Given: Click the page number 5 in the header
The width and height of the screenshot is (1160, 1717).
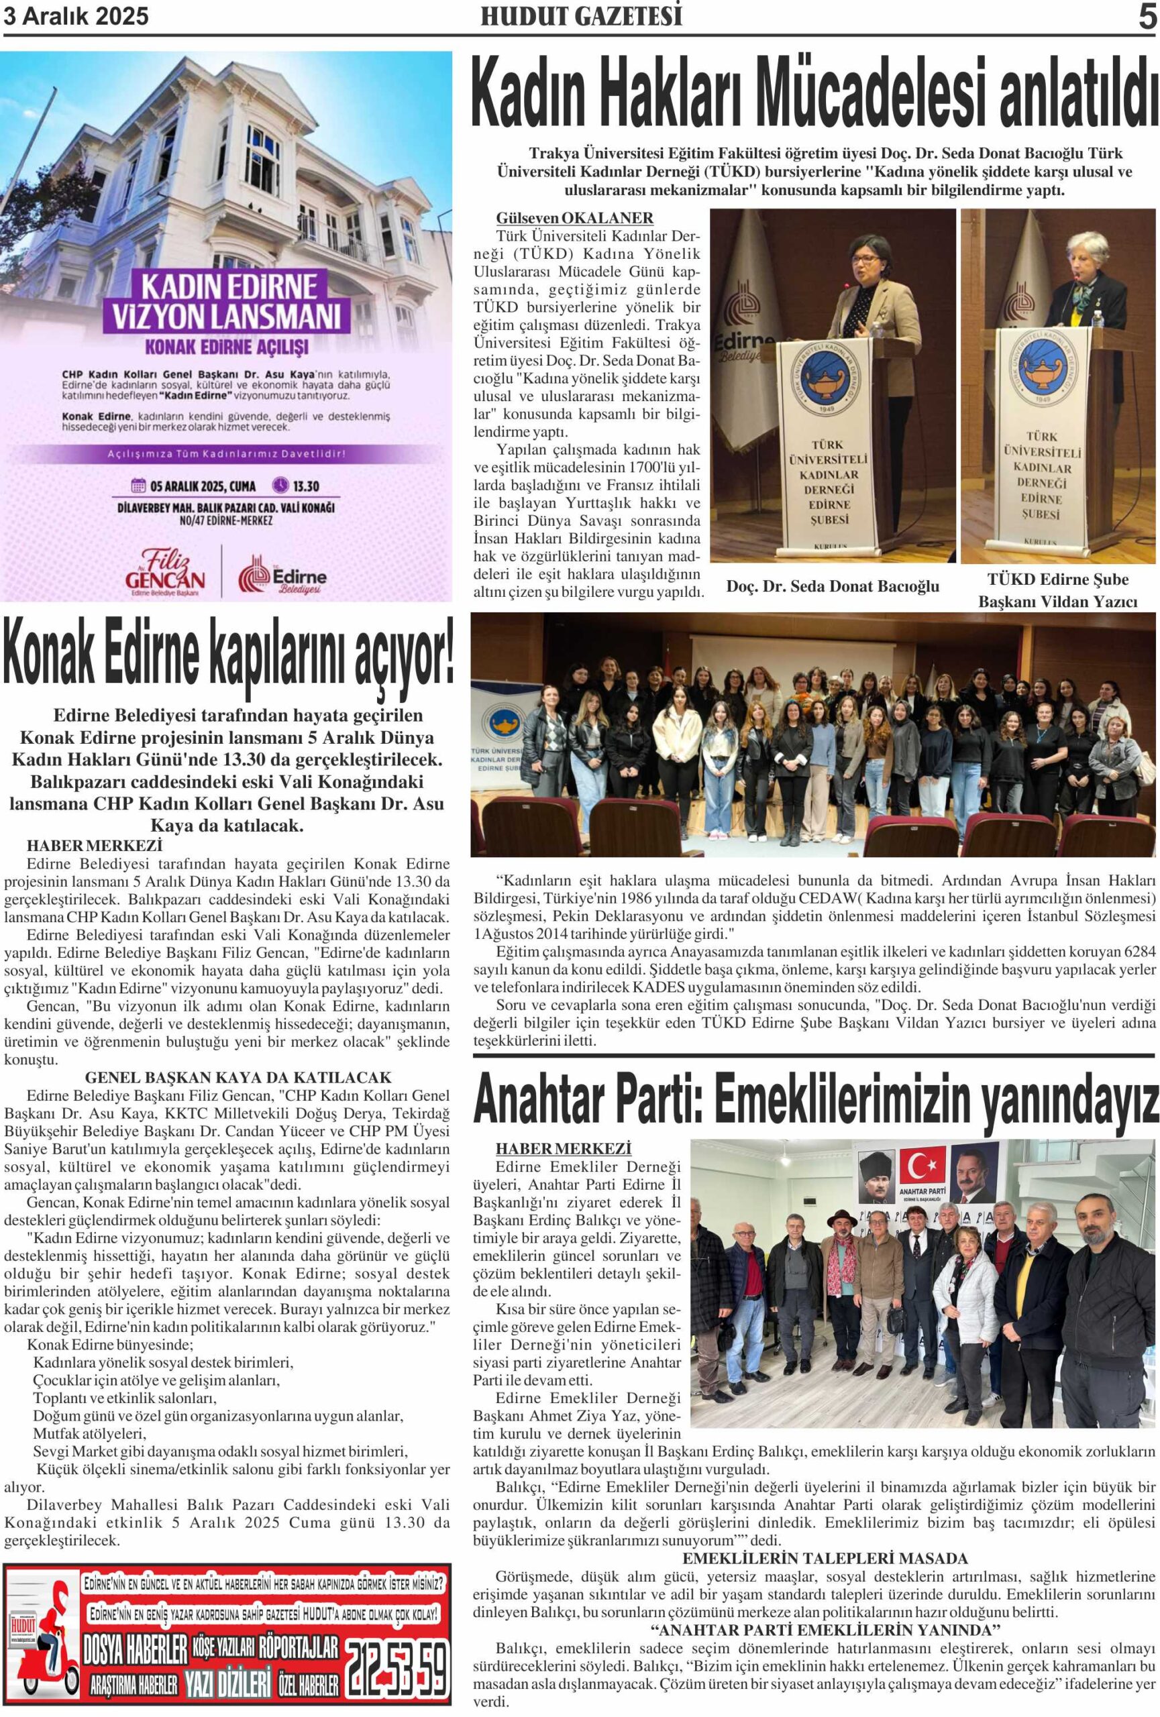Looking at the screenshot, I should coord(1146,16).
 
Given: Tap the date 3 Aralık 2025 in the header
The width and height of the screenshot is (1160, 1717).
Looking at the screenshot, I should coord(76,16).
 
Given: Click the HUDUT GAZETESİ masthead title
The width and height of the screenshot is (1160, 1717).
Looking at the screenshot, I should coord(581,16).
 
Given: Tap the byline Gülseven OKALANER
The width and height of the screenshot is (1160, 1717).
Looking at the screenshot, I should coord(574,218).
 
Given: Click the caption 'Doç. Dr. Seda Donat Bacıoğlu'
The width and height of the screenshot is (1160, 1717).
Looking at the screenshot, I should coord(833,586).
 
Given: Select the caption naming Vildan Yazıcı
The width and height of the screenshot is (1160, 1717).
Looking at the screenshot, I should coord(1057,590).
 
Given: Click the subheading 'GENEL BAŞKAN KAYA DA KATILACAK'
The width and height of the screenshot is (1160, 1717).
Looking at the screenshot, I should coord(238,1077).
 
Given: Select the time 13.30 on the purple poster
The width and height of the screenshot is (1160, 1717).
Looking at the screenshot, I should coord(306,486).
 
